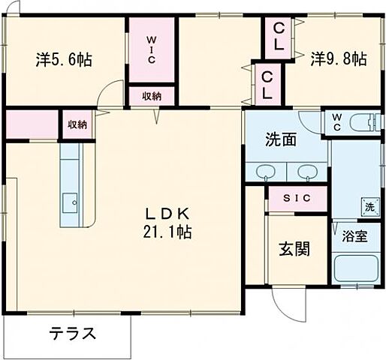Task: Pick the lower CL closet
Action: [x=267, y=85]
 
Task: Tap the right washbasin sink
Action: [x=306, y=173]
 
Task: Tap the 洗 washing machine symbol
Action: [x=369, y=206]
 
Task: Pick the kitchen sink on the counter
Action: [x=71, y=201]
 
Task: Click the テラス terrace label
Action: [x=73, y=332]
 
